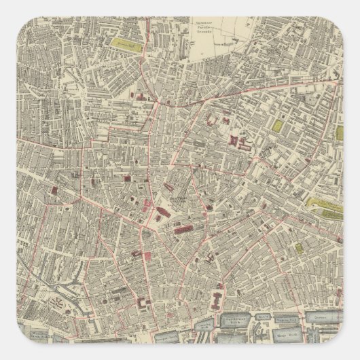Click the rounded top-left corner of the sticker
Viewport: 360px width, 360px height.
coord(8,8)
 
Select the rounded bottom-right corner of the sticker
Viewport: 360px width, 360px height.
coord(352,352)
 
